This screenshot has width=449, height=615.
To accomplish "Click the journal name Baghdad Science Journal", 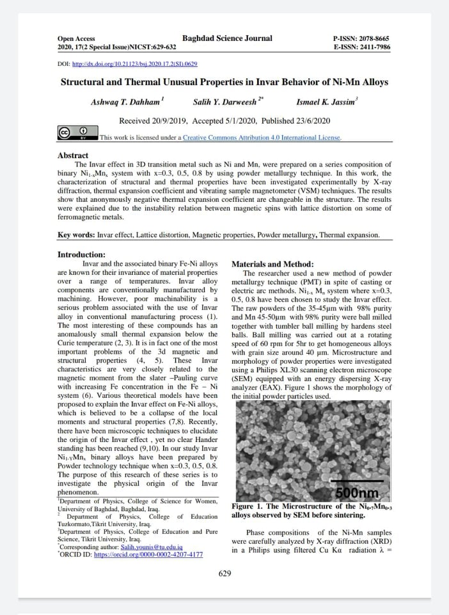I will pos(227,38).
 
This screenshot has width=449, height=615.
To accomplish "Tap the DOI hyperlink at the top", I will pos(136,65).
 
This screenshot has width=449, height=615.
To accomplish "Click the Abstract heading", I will pos(73,156).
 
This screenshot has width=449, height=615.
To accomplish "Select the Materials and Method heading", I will pos(272,264).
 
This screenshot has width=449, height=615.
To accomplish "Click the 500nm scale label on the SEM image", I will pos(357,493).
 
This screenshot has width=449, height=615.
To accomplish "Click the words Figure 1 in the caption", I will pos(248,506).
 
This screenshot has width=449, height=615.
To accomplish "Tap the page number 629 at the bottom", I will pos(224,573).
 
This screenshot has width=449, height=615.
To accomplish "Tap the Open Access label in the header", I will pos(76,39).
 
